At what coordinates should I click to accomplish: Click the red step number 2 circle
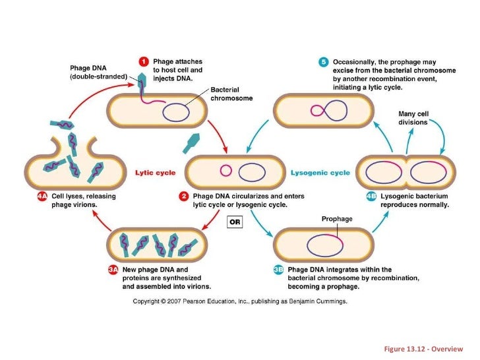tap(185, 196)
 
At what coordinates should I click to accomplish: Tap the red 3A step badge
tap(113, 269)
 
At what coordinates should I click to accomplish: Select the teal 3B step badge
tap(279, 269)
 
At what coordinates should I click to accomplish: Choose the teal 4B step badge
tap(372, 196)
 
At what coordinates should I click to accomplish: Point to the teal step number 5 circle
tap(323, 62)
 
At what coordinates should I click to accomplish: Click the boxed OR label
tap(235, 222)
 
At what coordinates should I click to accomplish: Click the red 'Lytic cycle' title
tap(156, 173)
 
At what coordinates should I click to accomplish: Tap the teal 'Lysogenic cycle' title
tap(320, 173)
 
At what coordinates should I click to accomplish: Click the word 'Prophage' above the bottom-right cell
tap(337, 219)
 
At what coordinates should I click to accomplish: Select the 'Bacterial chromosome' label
tap(225, 94)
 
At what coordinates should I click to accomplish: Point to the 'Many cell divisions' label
tap(413, 118)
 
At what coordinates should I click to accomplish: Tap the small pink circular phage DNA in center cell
tap(225, 171)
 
